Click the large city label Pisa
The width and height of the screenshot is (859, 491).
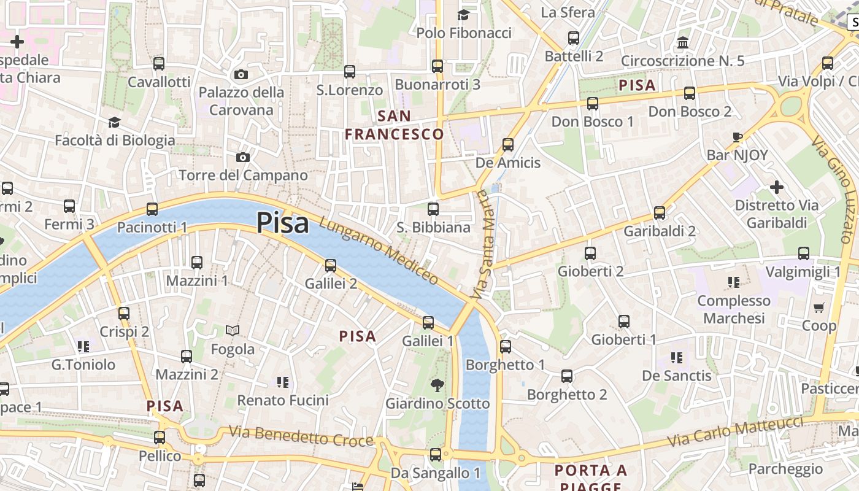(282, 223)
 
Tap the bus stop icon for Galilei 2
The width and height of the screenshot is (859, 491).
(331, 265)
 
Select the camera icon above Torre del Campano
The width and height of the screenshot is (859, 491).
(243, 157)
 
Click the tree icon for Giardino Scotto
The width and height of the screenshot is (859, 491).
(437, 385)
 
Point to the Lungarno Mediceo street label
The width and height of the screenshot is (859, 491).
(379, 252)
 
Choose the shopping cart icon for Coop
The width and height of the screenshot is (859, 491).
(819, 307)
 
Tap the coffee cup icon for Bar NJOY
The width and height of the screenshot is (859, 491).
(738, 137)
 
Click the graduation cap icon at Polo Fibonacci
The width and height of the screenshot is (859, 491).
(464, 15)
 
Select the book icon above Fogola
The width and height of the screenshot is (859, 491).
(233, 331)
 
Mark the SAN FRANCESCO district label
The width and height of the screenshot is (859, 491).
(394, 125)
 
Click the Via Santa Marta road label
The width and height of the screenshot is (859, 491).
(483, 245)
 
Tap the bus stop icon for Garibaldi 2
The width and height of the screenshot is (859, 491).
(660, 213)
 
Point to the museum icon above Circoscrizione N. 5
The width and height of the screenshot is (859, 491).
(683, 43)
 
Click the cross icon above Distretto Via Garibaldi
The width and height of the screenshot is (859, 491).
(777, 187)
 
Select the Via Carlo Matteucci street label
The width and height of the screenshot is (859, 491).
(735, 431)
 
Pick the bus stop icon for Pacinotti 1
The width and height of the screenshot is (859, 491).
(152, 209)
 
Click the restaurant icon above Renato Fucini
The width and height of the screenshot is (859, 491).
(283, 382)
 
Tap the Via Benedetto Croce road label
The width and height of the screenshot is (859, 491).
(301, 436)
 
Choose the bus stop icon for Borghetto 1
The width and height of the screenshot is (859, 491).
(506, 347)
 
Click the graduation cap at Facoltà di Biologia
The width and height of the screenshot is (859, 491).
(114, 123)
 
